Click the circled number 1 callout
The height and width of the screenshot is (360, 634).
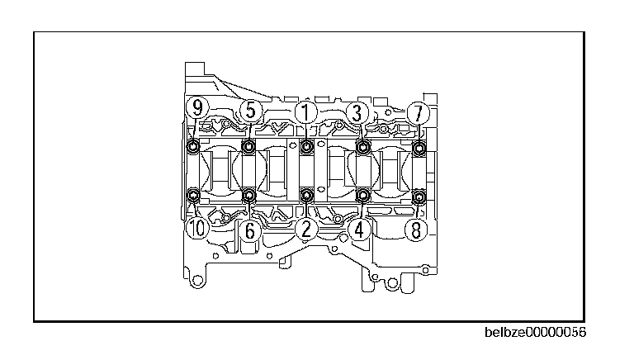(306, 112)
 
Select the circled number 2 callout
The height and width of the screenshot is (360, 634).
(306, 230)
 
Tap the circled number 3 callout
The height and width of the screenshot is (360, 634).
(357, 112)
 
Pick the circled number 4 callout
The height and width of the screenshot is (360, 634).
(359, 230)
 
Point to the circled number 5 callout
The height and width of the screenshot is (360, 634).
(251, 110)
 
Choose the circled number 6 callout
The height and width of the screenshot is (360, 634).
(250, 230)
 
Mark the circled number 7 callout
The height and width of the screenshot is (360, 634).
(418, 113)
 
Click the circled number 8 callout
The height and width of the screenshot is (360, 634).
(416, 230)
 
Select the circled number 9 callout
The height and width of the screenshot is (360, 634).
(197, 107)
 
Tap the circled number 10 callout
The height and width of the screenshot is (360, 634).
(197, 228)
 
